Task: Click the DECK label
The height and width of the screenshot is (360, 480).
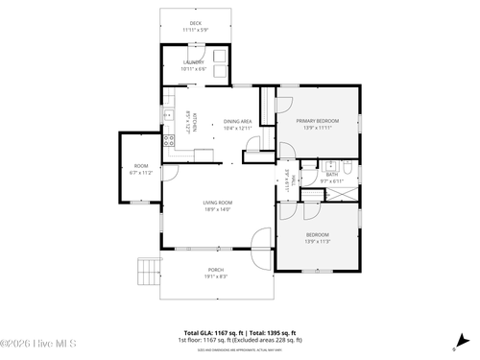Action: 195,23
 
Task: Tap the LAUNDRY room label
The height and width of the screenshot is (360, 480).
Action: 194,62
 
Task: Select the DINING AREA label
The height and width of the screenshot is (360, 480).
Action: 238,121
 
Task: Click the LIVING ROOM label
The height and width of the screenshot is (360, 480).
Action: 218,203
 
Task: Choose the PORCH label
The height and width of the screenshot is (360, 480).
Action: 215,271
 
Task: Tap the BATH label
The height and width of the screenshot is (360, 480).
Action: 331,175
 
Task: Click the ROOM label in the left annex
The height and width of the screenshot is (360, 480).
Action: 141,167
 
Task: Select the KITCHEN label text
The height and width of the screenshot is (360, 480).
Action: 194,119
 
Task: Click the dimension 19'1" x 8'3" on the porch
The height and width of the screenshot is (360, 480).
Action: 215,276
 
